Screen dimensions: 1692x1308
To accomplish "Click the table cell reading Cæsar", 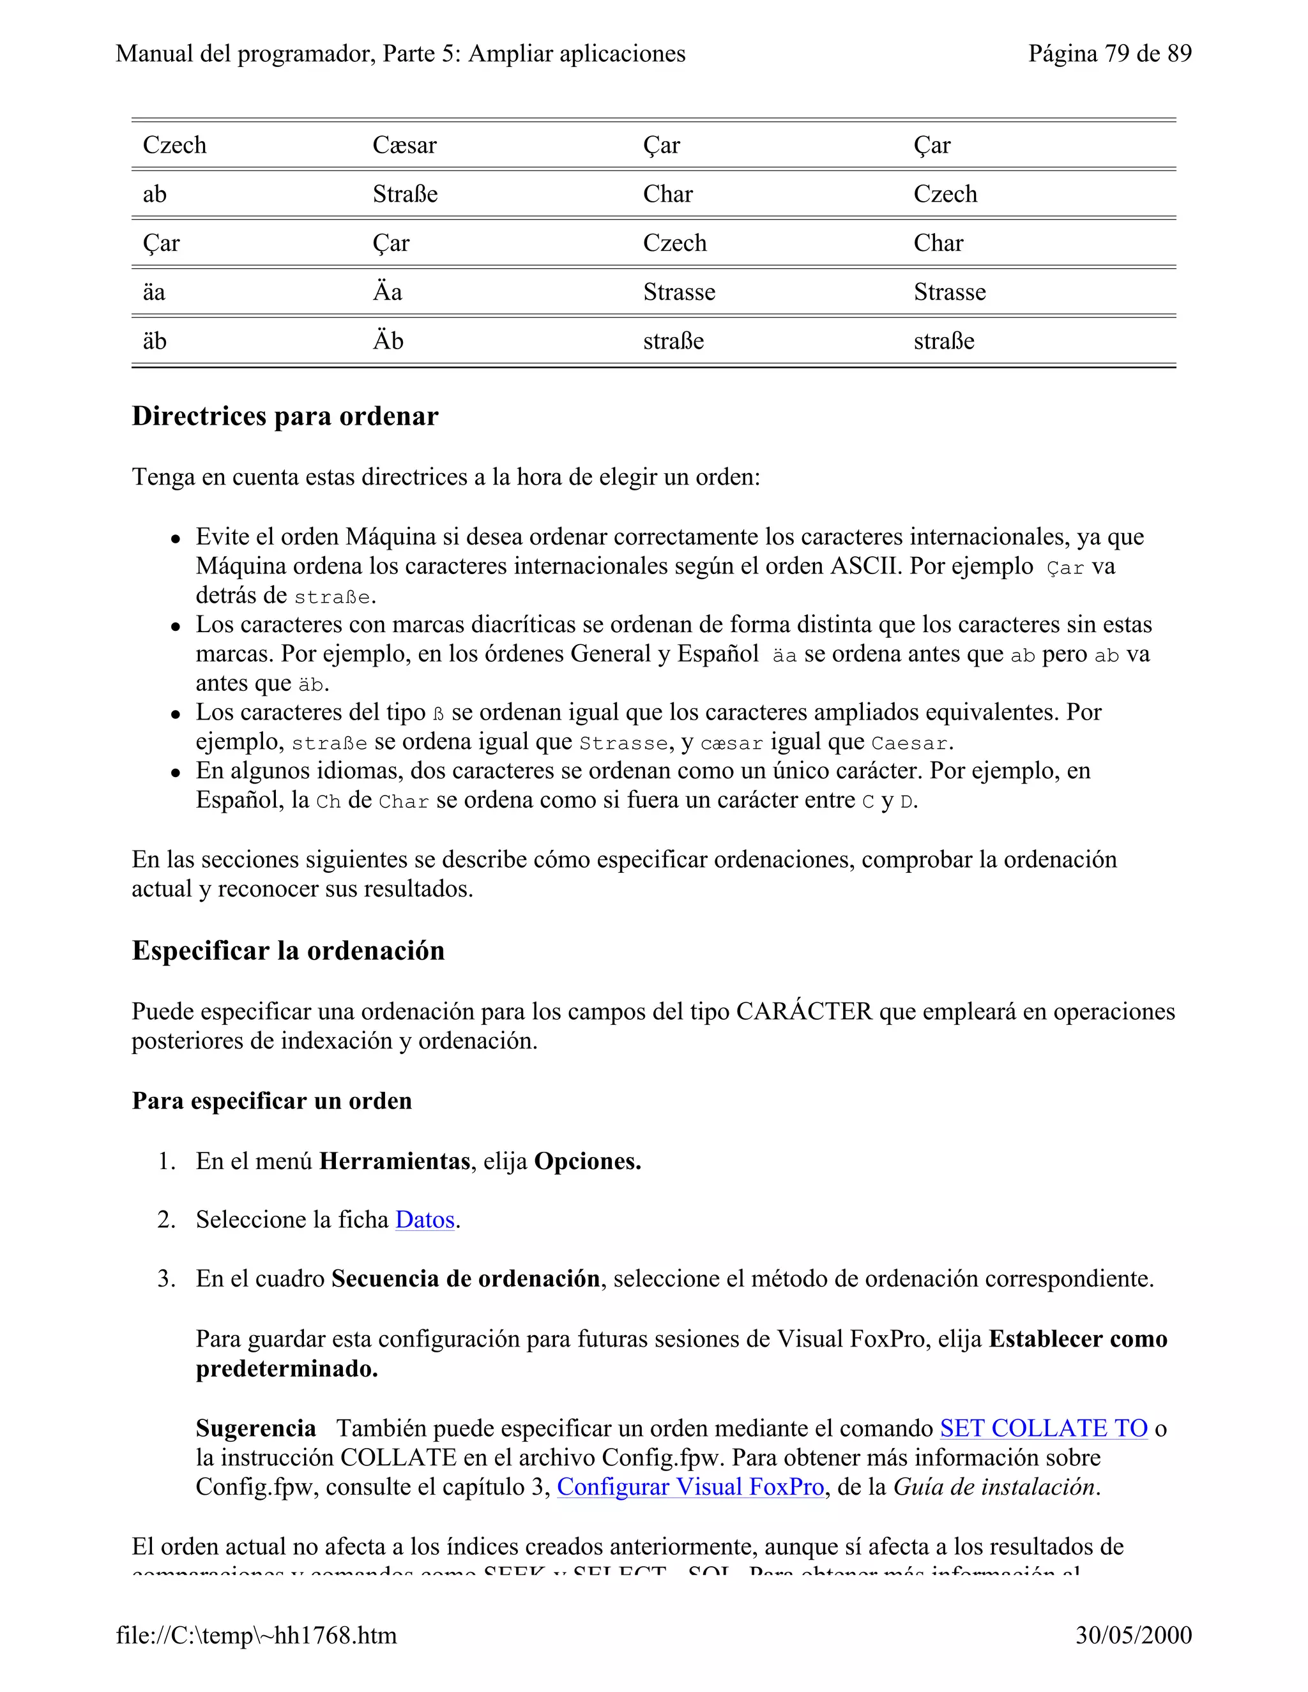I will tap(404, 145).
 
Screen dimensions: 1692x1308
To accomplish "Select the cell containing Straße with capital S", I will tap(404, 193).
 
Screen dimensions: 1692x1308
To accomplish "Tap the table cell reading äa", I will tap(153, 292).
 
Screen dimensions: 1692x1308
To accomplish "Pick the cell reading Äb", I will tap(388, 341).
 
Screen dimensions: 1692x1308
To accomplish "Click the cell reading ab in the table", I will tap(154, 193).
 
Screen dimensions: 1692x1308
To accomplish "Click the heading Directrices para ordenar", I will tap(284, 416).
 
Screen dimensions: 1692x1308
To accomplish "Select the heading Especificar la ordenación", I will tap(287, 951).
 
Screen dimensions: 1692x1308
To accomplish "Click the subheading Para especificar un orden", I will tap(271, 1101).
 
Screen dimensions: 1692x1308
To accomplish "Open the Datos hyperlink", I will tap(424, 1220).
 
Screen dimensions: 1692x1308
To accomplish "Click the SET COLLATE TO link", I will tap(1043, 1428).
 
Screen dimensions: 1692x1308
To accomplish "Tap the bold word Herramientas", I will tap(395, 1161).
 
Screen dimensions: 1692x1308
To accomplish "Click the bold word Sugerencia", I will tap(255, 1428).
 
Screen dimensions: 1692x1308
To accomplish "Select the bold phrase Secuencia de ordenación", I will tap(465, 1279).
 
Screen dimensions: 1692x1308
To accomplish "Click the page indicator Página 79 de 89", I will tap(1109, 54).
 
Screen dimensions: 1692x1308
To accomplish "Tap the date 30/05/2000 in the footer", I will tap(1133, 1635).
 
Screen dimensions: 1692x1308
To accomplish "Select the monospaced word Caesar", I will tap(908, 743).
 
